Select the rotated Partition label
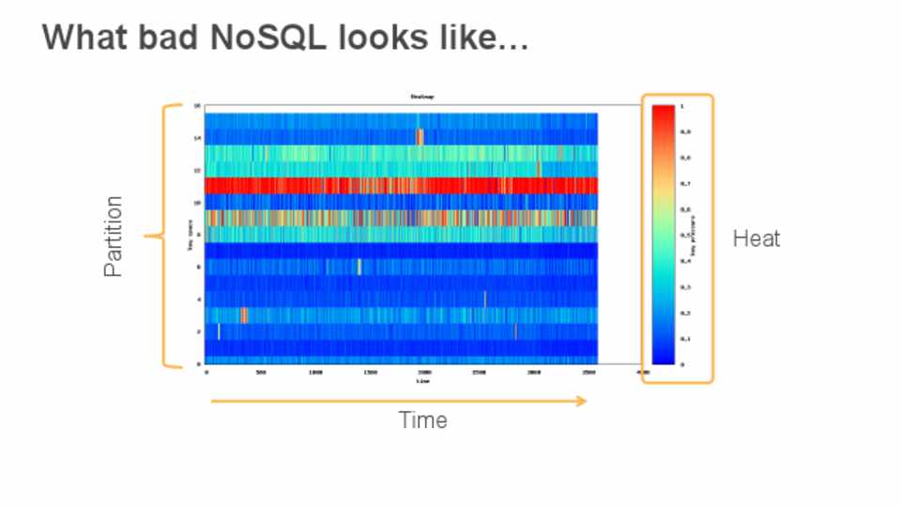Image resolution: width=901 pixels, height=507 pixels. coord(114,236)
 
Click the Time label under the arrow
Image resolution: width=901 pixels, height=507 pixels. coord(422,420)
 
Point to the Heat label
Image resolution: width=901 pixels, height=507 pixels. coord(756,238)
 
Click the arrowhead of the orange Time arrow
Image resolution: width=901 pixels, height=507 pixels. coord(581,401)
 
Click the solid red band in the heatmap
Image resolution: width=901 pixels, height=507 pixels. coord(402,185)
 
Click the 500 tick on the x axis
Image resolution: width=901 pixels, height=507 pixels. coord(261,374)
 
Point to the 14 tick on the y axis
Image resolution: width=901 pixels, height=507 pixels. coord(197,138)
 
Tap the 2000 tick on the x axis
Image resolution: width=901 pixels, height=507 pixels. coord(424,374)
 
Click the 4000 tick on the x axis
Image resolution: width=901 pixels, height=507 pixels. coord(643,374)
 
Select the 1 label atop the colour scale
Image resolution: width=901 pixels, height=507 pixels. coord(681,106)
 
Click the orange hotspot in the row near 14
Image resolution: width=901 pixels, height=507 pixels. coord(420,137)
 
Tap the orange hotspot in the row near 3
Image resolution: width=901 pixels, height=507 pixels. coord(244,315)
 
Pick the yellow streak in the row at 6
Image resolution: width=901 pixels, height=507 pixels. coord(359,267)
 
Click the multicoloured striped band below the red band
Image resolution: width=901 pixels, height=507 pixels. coord(402,218)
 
